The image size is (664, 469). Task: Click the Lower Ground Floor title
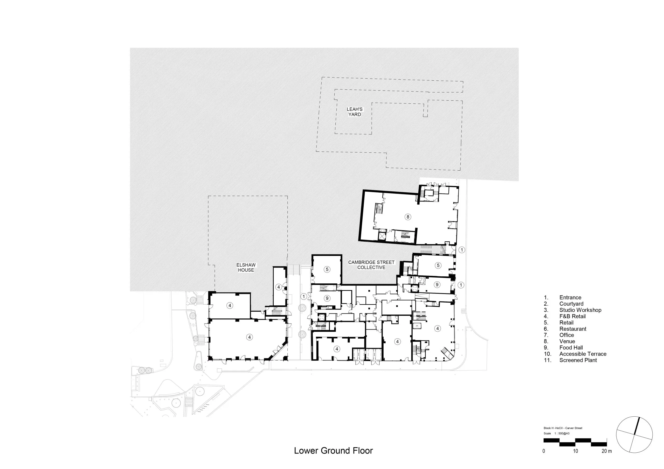(334, 451)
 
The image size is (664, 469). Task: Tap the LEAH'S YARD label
(355, 112)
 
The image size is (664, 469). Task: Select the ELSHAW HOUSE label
(246, 268)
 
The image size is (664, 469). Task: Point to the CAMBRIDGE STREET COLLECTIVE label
(371, 265)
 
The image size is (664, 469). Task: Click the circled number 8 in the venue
(408, 217)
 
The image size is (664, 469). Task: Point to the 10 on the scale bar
(576, 451)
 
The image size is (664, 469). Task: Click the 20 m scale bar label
(606, 451)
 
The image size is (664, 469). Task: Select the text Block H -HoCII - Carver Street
(563, 428)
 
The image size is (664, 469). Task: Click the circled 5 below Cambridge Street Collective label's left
(327, 269)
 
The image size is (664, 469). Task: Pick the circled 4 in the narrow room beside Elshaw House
(279, 287)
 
